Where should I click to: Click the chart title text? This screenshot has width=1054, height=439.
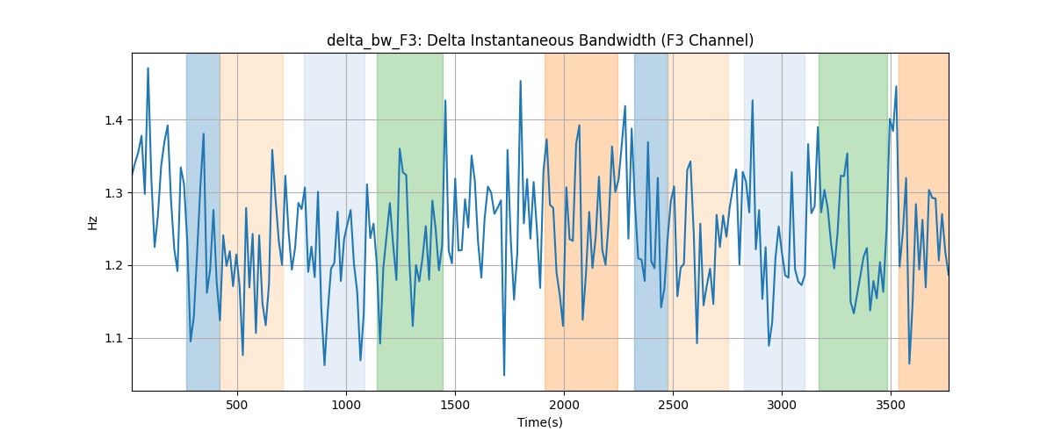[x=539, y=41]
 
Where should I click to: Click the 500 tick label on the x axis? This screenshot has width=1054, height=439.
[x=237, y=406]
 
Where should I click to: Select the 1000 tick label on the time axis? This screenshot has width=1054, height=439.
[x=346, y=406]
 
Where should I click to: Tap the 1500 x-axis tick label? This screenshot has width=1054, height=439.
[x=455, y=406]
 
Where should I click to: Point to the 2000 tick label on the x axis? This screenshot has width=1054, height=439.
[x=564, y=406]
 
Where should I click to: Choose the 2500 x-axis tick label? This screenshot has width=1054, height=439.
[x=673, y=406]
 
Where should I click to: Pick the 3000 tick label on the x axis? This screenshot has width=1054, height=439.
[x=782, y=406]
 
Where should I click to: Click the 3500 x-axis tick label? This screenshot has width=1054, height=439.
[x=891, y=406]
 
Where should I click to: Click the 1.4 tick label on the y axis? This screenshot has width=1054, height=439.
[x=113, y=120]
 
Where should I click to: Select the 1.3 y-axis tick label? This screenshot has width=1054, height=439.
[x=113, y=193]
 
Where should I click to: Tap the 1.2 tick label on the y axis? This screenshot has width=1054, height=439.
[x=113, y=266]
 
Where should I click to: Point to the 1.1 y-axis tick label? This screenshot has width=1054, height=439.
[x=113, y=338]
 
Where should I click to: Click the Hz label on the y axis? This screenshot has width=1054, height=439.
[x=93, y=223]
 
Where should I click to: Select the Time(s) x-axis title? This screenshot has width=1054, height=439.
[x=539, y=422]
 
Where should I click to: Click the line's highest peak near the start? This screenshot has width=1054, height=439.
[x=148, y=68]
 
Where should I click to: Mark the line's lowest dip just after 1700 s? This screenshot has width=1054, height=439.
[x=504, y=375]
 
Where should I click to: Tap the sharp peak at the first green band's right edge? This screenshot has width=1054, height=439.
[x=445, y=100]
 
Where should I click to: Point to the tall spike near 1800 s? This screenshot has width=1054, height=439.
[x=520, y=81]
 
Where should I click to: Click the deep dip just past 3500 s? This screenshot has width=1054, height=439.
[x=909, y=363]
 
